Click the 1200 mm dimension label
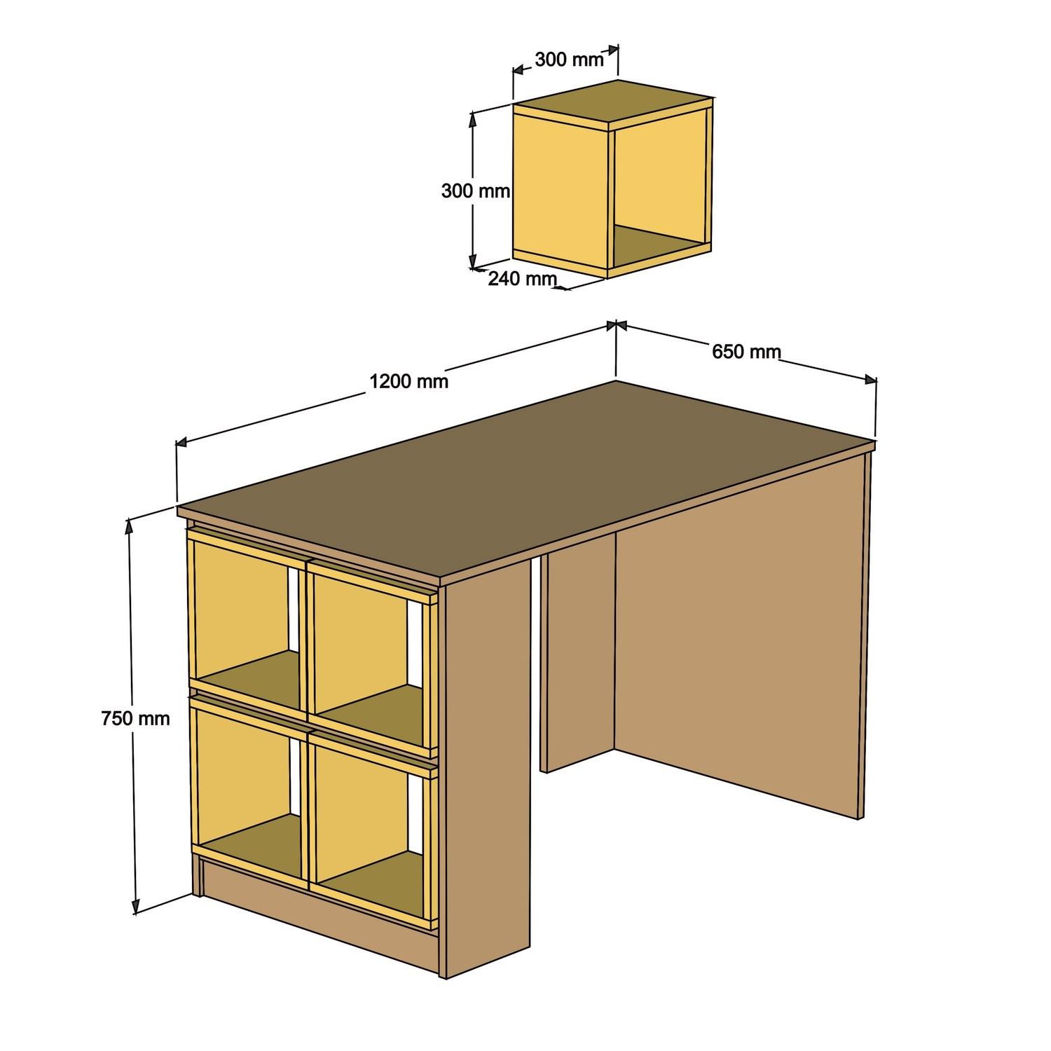point(408,381)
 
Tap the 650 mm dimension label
point(746,351)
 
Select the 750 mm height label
point(135,717)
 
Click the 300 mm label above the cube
point(569,60)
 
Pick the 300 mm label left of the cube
point(475,190)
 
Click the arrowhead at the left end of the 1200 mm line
point(181,441)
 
